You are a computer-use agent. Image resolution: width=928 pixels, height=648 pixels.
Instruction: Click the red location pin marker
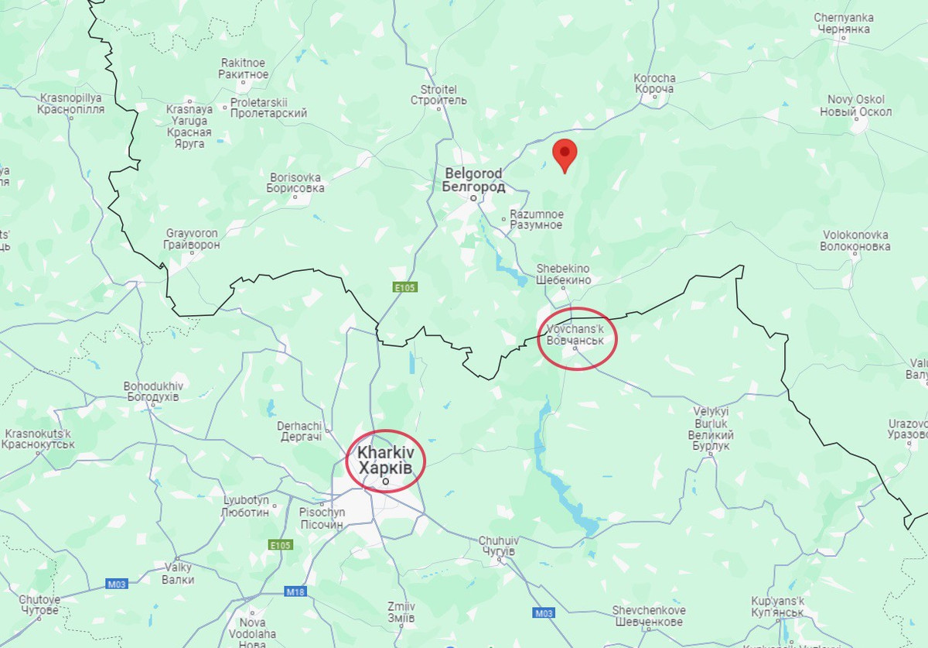click(566, 153)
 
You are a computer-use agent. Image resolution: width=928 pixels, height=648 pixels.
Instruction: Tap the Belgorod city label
click(473, 180)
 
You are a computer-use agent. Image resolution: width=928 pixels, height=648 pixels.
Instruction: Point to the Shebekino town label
click(564, 274)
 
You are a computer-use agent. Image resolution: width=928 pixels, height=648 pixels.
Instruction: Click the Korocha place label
click(654, 84)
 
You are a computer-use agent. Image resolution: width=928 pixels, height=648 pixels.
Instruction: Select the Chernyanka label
click(842, 23)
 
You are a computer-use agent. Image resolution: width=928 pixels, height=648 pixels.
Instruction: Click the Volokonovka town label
click(855, 241)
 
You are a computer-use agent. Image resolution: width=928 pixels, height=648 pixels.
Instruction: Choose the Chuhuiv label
click(497, 546)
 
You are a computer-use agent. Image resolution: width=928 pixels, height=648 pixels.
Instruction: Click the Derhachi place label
click(299, 432)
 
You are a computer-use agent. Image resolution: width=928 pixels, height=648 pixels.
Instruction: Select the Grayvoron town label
click(192, 239)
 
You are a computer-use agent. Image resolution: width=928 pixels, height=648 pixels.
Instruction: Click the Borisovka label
click(295, 183)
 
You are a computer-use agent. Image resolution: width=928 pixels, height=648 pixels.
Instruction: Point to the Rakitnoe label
click(244, 69)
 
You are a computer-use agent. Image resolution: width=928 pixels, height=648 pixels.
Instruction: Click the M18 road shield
click(295, 591)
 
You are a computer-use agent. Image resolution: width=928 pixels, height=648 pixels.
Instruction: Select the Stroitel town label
click(438, 94)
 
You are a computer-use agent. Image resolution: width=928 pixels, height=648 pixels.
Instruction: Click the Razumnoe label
click(537, 219)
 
